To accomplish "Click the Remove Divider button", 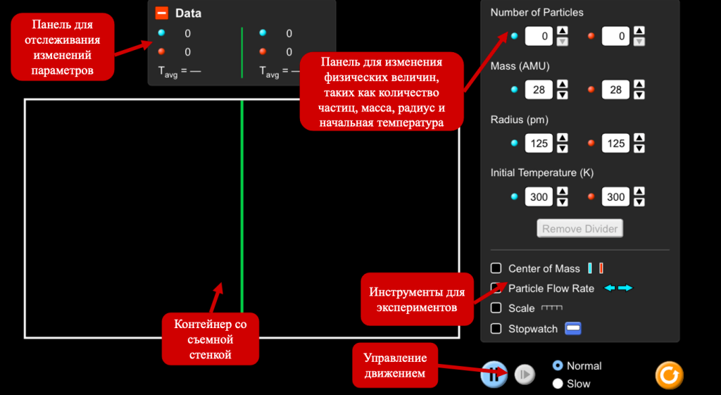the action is [x=580, y=229].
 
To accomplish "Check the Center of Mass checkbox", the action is [x=496, y=268].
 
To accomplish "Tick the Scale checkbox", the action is [x=496, y=308].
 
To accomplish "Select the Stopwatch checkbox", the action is [x=496, y=328].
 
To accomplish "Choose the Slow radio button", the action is [x=558, y=384].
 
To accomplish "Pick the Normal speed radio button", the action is [x=558, y=365].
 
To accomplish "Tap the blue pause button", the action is [x=494, y=375].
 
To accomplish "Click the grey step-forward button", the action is [x=525, y=375].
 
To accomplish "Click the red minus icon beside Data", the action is [x=161, y=13].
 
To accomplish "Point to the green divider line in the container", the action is [x=242, y=206].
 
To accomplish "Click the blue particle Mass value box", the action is [x=539, y=89].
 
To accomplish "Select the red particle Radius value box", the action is [x=615, y=144].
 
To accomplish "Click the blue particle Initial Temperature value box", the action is [x=539, y=197].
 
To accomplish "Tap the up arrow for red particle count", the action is [x=639, y=31].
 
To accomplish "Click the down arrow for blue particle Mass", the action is [x=563, y=95].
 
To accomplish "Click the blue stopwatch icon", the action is [x=573, y=328].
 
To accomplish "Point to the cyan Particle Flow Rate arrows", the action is [x=618, y=288].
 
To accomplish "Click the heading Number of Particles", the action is [x=537, y=13].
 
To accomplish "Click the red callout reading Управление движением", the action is [x=396, y=365].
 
